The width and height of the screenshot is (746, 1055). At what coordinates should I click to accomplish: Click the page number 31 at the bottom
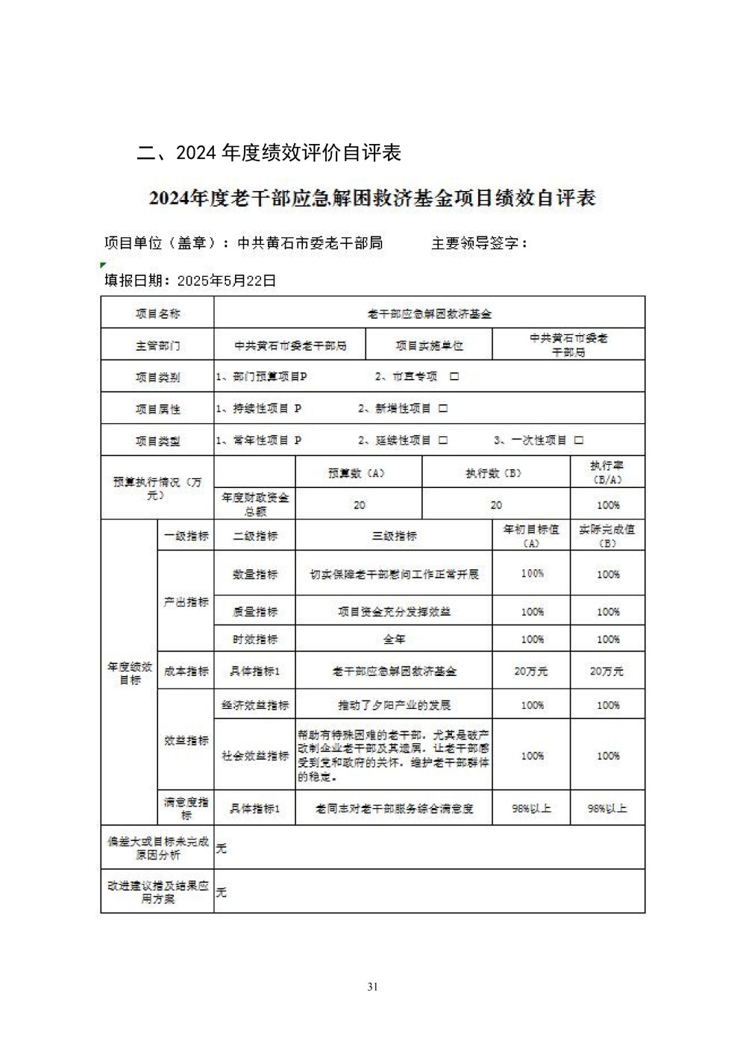[x=373, y=986]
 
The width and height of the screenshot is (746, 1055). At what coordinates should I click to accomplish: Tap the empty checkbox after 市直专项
[x=454, y=377]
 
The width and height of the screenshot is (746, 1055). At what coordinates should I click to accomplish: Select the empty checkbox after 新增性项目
[x=443, y=408]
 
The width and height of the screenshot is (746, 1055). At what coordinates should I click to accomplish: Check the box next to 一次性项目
[x=579, y=440]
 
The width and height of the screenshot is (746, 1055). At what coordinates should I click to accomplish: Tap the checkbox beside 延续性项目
[x=443, y=440]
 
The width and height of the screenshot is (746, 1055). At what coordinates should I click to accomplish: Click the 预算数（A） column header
[x=359, y=473]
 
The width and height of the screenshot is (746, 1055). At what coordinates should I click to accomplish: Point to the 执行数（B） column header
[x=495, y=473]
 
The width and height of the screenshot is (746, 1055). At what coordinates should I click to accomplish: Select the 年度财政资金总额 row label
[x=255, y=504]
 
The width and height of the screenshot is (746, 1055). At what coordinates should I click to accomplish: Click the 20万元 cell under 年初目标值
[x=531, y=671]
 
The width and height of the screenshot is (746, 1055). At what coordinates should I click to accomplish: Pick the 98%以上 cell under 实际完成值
[x=607, y=808]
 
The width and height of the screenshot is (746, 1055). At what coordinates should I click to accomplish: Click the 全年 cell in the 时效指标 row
[x=394, y=639]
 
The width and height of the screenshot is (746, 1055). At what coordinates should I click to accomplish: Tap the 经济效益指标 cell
[x=255, y=705]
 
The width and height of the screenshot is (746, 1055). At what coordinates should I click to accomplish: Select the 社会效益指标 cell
[x=255, y=755]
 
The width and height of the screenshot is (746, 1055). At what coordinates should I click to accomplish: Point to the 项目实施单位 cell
[x=429, y=345]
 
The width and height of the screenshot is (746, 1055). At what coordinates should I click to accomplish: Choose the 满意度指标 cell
[x=186, y=808]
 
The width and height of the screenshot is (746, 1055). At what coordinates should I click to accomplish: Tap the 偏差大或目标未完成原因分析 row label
[x=157, y=848]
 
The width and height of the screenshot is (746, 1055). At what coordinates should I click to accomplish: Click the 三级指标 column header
[x=394, y=536]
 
